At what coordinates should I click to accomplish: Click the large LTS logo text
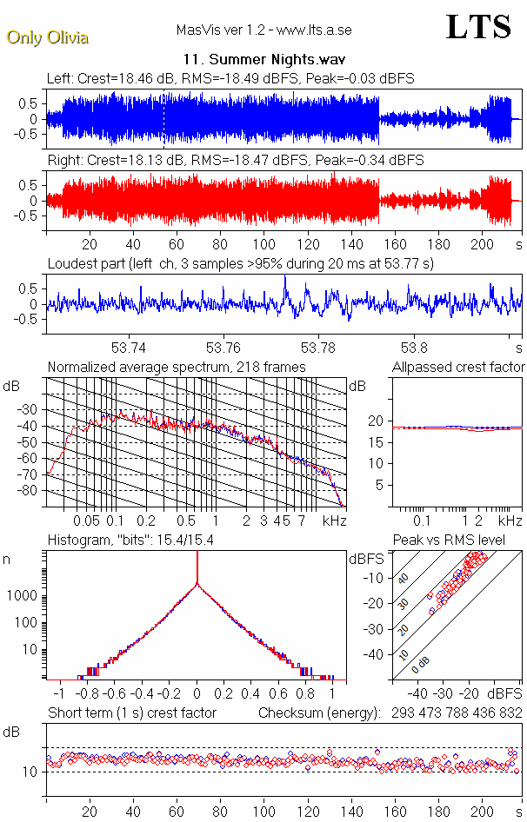478,27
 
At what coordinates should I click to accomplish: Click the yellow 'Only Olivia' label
47,37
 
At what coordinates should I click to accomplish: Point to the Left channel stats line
230,78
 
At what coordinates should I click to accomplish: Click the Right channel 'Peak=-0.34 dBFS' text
369,160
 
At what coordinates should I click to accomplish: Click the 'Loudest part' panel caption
240,262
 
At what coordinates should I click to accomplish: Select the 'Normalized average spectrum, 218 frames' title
177,367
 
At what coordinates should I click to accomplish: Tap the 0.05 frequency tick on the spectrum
86,520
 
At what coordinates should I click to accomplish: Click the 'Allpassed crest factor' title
458,367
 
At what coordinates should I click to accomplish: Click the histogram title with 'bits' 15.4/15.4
132,540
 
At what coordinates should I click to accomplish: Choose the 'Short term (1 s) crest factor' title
131,713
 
